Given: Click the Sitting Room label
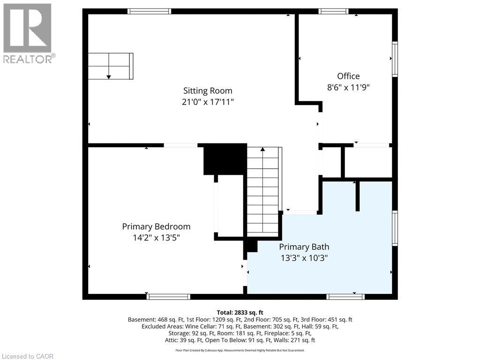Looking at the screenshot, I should tap(207, 91).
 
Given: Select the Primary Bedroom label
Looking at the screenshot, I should tap(156, 226).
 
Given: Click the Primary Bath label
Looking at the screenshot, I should tap(304, 247).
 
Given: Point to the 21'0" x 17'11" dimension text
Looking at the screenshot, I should tap(207, 102).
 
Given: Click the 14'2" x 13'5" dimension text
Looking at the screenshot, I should tap(156, 238).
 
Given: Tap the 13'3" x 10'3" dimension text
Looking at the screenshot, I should tap(304, 257).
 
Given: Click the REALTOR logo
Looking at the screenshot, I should tap(28, 33).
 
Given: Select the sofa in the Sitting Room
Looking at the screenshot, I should tap(111, 66).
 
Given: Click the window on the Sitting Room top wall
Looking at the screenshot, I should tap(149, 11).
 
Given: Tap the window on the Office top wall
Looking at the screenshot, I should tap(333, 11).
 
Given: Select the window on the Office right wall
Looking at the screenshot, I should tap(395, 59).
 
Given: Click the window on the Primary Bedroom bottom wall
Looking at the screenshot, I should tap(168, 296).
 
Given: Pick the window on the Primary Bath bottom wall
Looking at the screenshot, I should tap(345, 296).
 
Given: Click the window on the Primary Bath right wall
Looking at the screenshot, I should tap(395, 228).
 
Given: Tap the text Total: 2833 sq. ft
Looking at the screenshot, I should tap(240, 312).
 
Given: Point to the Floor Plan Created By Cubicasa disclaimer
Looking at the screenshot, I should tap(240, 350).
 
